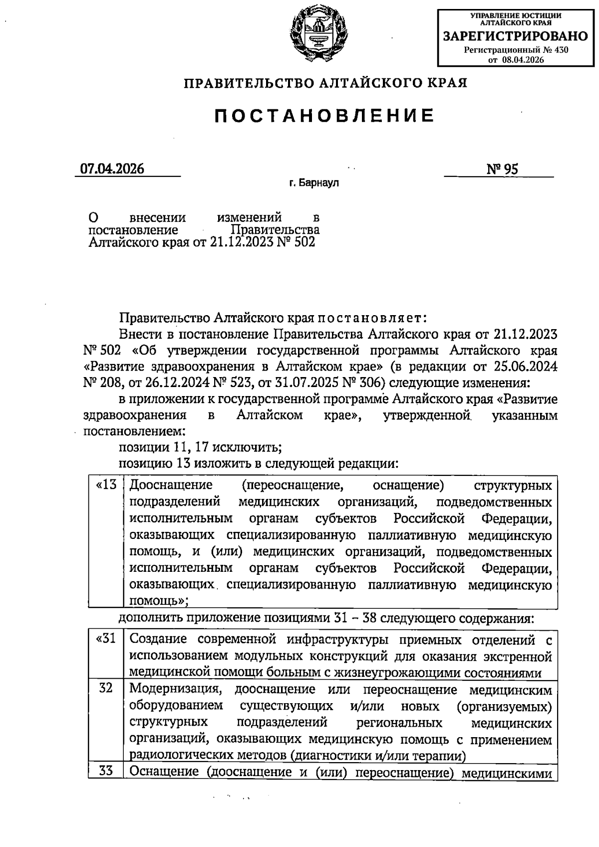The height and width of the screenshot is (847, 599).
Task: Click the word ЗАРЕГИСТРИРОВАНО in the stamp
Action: point(516,36)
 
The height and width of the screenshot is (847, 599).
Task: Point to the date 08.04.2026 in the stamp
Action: point(523,59)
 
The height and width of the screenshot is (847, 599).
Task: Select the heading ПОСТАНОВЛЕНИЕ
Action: point(325,116)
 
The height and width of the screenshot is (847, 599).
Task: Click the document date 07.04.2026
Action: point(112,169)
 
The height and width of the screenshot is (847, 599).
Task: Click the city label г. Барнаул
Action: point(313,183)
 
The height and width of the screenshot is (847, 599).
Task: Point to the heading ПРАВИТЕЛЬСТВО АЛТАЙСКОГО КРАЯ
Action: point(325,83)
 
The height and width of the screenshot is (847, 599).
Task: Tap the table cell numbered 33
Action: point(105,772)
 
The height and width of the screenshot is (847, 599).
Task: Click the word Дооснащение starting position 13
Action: point(171,485)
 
